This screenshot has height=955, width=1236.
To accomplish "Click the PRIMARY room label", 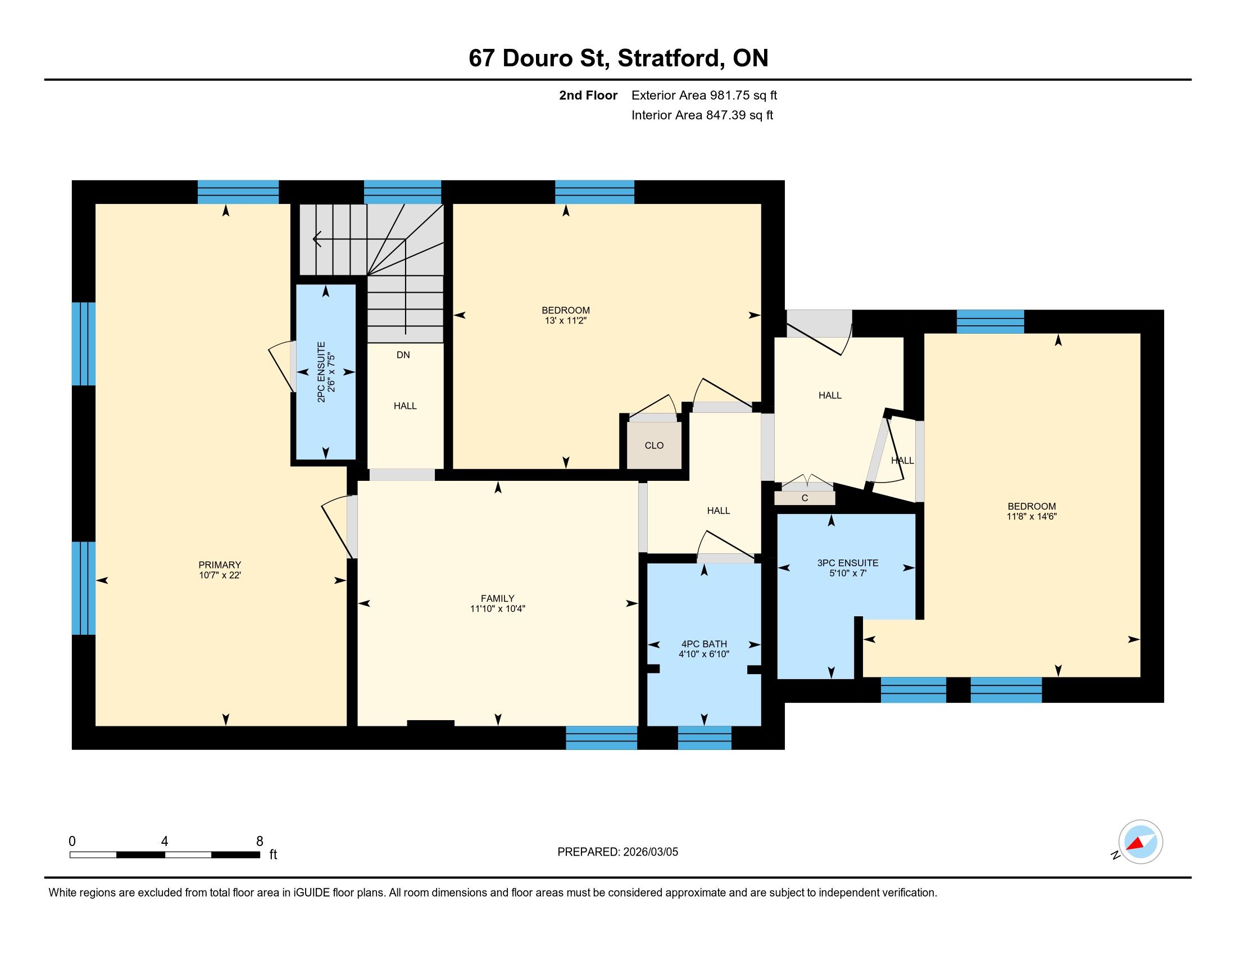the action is (x=220, y=565).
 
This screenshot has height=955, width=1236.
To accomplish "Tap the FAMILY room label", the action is (x=497, y=598).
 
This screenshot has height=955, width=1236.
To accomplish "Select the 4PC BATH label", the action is (x=704, y=644).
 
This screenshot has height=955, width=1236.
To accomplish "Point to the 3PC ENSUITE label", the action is (x=848, y=563).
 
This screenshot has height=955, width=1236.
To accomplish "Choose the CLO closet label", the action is (x=654, y=445).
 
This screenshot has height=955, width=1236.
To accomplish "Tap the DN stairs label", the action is (x=403, y=354).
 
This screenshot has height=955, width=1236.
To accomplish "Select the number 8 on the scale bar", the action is (x=260, y=842).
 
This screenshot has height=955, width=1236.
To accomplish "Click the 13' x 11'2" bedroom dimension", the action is (x=566, y=320).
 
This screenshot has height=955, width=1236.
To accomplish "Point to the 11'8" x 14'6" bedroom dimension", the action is (x=1031, y=516).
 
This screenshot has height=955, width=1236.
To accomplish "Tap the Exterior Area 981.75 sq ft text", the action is (x=704, y=95).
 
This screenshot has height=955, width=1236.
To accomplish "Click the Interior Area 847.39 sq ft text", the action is (x=702, y=115).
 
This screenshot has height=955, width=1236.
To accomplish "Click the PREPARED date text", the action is (x=617, y=852).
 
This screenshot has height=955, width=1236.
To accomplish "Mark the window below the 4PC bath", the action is (x=705, y=738).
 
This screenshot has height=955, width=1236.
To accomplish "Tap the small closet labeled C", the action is (x=805, y=498).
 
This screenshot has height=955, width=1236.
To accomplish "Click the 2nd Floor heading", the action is (x=588, y=95).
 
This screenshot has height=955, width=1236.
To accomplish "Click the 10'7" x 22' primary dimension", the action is (x=220, y=575).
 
